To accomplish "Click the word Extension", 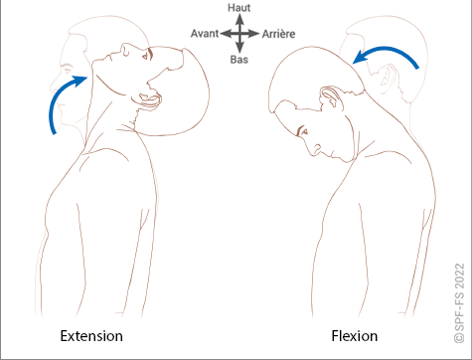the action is click(x=91, y=336).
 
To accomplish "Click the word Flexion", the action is click(x=355, y=336).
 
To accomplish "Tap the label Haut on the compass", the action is click(x=239, y=8).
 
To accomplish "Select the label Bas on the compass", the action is click(x=239, y=60).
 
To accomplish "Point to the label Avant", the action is click(x=205, y=34).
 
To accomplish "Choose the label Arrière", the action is click(x=278, y=34).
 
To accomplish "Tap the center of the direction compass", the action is click(x=239, y=34).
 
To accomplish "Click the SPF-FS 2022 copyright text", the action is click(x=460, y=303).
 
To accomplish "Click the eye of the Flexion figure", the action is click(x=303, y=131).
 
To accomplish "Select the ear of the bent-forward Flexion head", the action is click(x=330, y=98).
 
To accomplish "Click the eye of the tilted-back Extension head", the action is click(x=146, y=57).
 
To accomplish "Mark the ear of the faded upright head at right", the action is click(x=388, y=77).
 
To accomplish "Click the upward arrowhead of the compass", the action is click(x=239, y=19).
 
